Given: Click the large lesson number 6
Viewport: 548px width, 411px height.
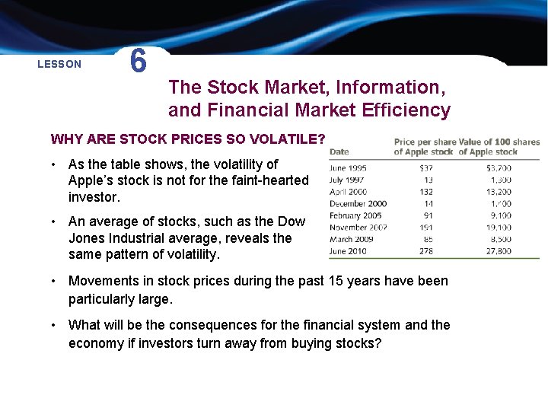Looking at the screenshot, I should point(138,61).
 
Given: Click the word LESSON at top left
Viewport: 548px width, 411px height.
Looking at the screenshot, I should point(59,65).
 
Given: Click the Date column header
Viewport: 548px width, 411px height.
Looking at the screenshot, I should point(339,152).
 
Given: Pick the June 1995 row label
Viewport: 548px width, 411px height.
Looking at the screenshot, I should point(348,168).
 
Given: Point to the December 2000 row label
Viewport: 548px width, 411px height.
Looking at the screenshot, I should point(358,204).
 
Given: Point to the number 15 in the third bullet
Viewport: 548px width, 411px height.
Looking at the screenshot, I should point(336,281).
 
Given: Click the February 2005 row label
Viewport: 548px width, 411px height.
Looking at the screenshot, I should point(355,215).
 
